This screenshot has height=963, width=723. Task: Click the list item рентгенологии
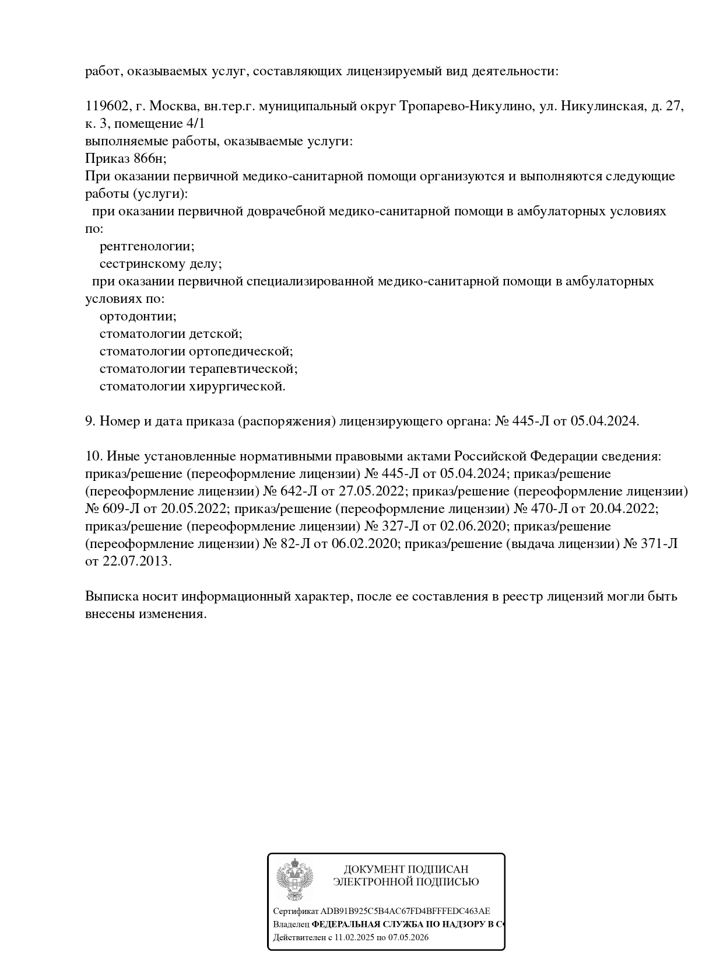click(x=147, y=246)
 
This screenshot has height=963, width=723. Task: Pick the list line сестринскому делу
click(x=160, y=264)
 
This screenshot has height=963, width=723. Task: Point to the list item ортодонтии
click(x=138, y=316)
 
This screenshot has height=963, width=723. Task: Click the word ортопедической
click(x=241, y=351)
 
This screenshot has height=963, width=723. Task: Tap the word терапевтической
click(x=243, y=369)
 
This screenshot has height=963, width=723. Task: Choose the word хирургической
click(x=237, y=386)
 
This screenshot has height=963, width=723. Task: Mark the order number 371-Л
click(x=661, y=544)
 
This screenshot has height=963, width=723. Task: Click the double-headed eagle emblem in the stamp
click(x=294, y=881)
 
